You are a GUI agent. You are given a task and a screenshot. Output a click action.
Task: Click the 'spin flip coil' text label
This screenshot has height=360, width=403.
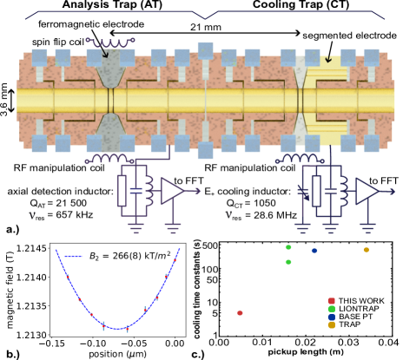tap(57, 43)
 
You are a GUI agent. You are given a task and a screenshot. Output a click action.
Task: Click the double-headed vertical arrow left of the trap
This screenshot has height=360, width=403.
tap(11, 101)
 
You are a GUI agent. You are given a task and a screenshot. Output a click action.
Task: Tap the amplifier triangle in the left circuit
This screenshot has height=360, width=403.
tap(172, 191)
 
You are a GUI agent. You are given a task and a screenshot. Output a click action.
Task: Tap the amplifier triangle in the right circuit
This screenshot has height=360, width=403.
tap(367, 191)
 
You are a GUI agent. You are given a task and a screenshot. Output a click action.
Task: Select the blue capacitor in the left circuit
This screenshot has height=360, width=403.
tap(135, 191)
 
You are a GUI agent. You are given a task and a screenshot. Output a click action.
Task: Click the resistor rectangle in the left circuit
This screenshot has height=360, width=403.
tap(122, 191)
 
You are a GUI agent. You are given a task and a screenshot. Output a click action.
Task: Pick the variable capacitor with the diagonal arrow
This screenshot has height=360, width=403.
tap(302, 191)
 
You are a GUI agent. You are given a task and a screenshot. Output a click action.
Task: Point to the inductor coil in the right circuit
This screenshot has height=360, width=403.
tap(344, 191)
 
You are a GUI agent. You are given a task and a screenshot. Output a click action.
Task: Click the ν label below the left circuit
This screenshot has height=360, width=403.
tap(32, 216)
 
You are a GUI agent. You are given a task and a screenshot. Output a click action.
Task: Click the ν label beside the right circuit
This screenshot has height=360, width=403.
tap(228, 215)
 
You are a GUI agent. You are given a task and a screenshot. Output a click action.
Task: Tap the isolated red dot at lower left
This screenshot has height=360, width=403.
tap(240, 312)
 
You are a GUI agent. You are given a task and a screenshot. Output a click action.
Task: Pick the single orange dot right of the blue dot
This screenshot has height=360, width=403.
tap(366, 250)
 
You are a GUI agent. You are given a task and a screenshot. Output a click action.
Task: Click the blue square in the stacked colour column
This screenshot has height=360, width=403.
tap(331, 317)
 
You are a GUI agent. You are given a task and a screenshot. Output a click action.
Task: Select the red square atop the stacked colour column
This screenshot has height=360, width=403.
tap(331, 301)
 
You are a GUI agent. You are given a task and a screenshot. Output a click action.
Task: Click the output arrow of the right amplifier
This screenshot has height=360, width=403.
tap(391, 192)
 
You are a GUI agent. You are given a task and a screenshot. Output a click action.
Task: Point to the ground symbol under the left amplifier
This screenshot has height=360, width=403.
tap(173, 229)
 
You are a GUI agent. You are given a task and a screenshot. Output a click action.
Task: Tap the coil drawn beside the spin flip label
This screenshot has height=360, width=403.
tap(110, 41)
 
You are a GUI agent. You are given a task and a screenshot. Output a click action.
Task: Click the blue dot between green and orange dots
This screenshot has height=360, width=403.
tap(314, 251)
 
